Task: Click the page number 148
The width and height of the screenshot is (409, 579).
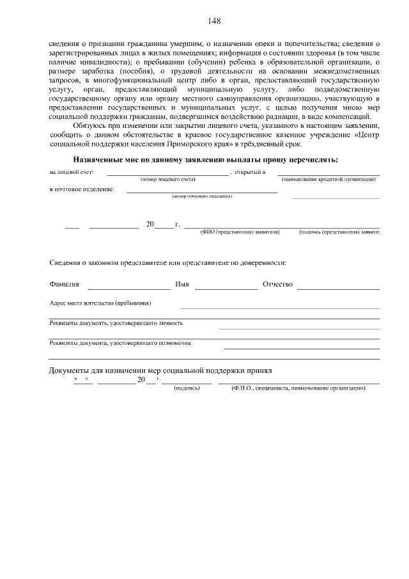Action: coord(213,21)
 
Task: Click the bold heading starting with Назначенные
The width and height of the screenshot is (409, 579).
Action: coord(214,159)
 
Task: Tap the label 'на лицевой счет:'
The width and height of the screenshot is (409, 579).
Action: coord(72,173)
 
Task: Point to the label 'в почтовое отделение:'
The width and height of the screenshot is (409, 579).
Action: coord(82,190)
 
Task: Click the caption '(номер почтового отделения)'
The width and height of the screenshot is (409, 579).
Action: coord(201,196)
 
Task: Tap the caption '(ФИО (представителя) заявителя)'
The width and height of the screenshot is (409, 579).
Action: coord(240,232)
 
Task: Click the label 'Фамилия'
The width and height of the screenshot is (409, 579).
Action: coord(65,284)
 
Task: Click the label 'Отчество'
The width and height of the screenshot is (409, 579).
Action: coord(277,284)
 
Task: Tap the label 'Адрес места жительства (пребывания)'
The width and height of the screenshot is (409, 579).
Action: coord(101,303)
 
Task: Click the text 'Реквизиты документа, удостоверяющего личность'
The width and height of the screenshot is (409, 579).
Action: coord(116,323)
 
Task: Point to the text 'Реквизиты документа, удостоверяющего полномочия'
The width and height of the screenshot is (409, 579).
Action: coord(120,343)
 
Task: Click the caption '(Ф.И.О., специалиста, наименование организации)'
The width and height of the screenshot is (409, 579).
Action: coord(298,388)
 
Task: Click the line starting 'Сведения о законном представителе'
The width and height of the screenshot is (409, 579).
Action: coord(167,263)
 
